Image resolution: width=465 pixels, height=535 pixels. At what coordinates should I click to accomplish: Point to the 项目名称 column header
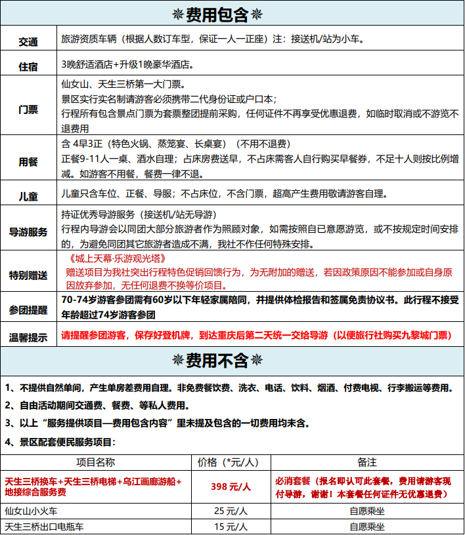point(95,463)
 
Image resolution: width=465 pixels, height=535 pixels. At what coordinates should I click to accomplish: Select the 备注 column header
point(363,463)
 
